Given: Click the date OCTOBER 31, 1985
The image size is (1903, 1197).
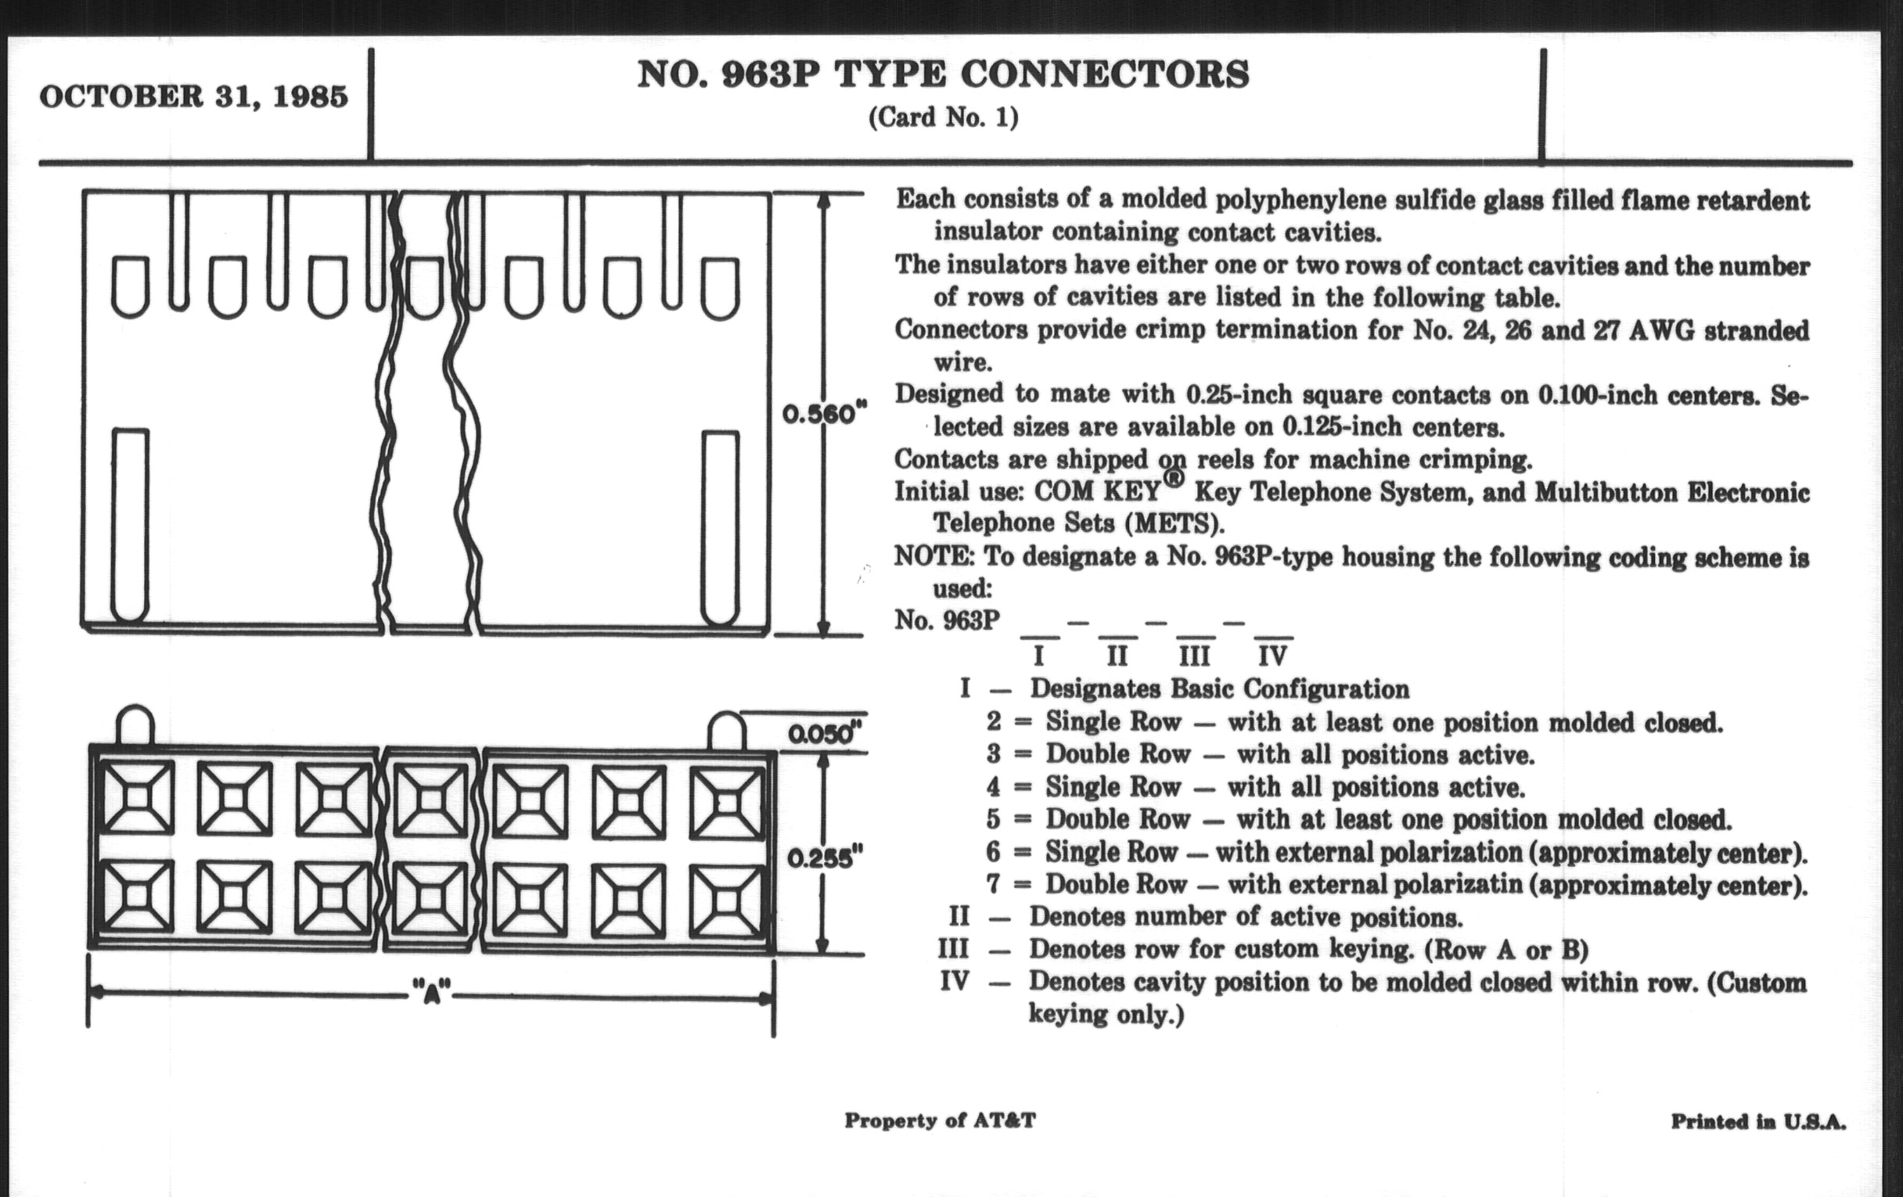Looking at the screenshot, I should (193, 96).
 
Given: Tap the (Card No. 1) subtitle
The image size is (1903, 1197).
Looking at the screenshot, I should (943, 117).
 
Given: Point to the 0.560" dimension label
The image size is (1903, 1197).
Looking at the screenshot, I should (824, 414).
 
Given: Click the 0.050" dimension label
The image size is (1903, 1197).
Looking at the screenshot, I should (822, 735).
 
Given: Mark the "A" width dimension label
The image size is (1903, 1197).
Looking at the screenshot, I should (431, 990).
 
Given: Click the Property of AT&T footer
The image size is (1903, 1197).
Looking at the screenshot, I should (940, 1120).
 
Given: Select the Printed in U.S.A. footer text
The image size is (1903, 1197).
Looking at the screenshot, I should (1757, 1122).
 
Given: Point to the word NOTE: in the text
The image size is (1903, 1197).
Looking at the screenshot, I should (934, 556).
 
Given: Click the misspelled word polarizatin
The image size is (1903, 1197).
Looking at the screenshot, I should (1454, 884).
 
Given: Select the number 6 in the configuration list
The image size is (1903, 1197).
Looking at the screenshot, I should (993, 852).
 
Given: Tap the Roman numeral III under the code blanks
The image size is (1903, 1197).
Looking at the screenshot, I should (1194, 656).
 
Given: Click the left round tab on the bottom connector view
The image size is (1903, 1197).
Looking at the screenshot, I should (135, 725).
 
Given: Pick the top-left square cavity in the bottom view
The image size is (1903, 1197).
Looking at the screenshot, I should (137, 797).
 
